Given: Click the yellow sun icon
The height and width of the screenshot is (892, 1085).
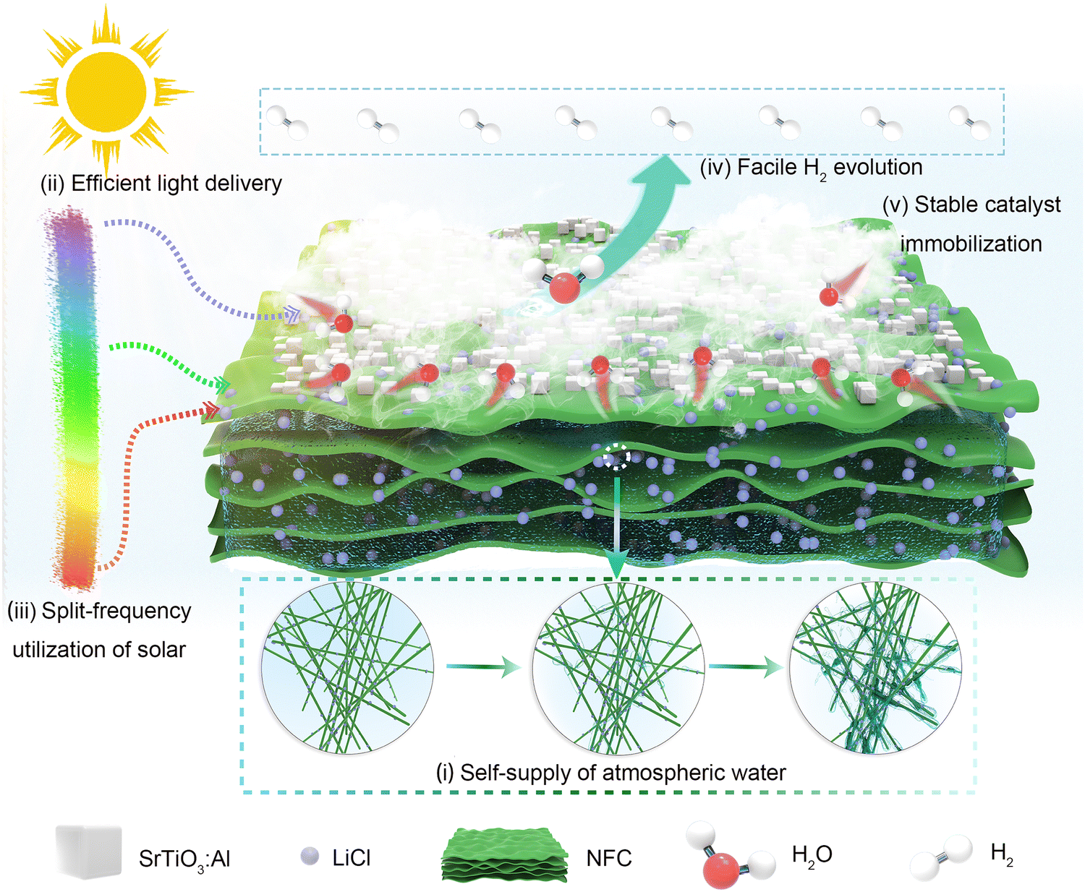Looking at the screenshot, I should pos(106,92).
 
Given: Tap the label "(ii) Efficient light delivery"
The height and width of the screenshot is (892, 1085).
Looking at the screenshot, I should pos(161,184).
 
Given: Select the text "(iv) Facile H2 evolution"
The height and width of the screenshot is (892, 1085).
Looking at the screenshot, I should pos(810,168).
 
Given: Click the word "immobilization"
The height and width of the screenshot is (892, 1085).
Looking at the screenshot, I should pos(971,244).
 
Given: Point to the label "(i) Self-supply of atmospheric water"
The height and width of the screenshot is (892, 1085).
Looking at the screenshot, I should pos(610,773).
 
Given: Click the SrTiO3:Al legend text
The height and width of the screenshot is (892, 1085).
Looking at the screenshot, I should pos(184,859).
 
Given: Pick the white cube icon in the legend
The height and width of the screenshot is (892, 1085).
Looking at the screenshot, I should pos(88,853).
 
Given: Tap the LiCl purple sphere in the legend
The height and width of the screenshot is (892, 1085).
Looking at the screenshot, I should pos(310,857).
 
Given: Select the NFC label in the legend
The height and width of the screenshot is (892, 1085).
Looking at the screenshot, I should pos(608,859).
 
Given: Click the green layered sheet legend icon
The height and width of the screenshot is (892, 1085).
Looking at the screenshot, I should pos(505,856).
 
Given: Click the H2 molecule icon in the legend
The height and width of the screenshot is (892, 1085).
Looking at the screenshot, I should pos(940,857).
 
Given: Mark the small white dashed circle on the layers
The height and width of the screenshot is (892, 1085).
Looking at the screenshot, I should pos(617,457).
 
